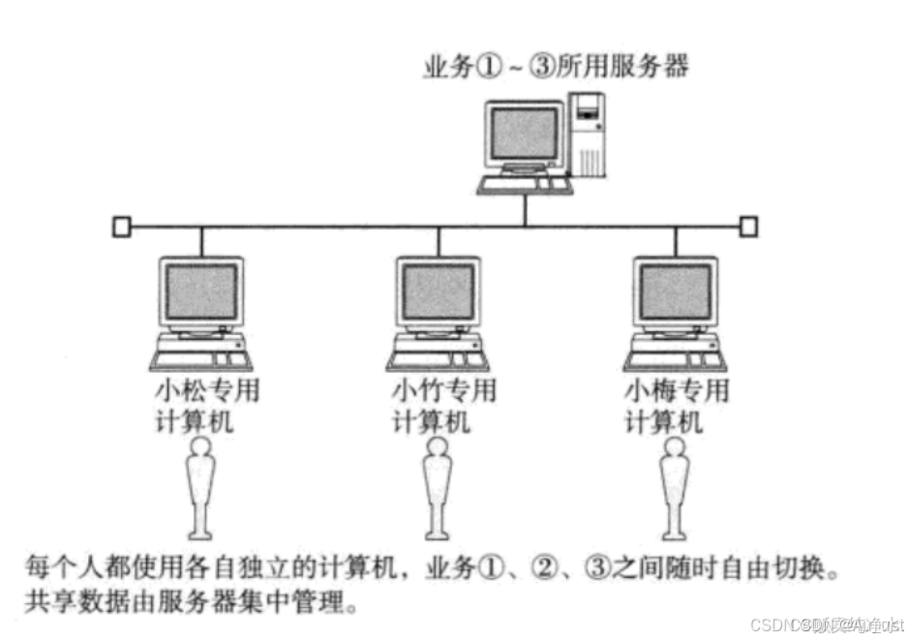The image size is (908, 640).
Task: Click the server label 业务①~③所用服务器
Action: coord(556,68)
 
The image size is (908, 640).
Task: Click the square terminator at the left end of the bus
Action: coord(120,228)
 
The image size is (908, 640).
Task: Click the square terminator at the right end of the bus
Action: coord(748,228)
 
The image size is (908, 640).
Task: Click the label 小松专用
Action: coord(207,391)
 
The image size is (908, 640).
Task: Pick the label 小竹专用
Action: coord(444,391)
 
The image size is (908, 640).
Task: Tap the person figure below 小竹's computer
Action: coord(438,489)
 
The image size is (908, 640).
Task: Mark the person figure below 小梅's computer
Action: coord(675,489)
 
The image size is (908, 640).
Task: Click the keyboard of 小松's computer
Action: coord(201,359)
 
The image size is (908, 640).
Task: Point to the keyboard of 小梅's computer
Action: coord(675,359)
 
